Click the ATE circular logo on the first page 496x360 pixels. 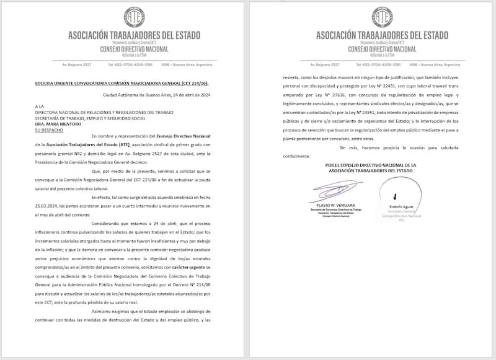[x=134, y=17]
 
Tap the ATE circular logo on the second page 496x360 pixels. [x=382, y=17]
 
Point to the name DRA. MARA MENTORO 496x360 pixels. [x=58, y=124]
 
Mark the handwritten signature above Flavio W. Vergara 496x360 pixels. [x=334, y=189]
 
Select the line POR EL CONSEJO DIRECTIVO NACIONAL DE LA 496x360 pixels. [x=371, y=165]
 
